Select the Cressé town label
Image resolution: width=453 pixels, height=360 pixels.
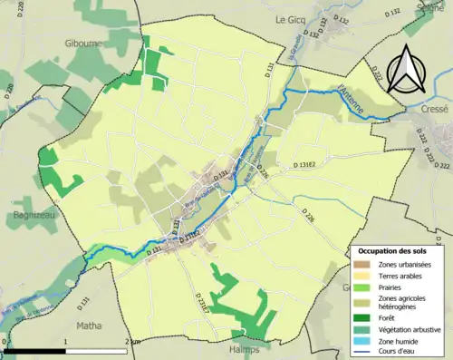click(434, 107)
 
